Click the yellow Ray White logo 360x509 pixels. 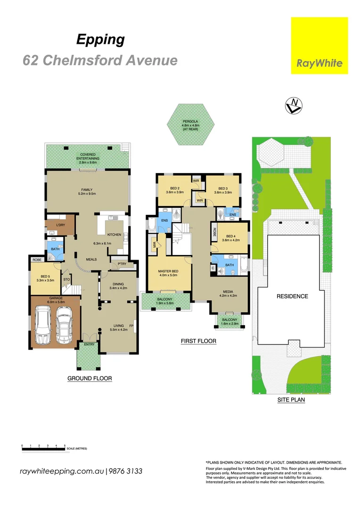click(319, 46)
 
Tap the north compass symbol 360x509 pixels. click(294, 106)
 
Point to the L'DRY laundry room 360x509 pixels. click(60, 225)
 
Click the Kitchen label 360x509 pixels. click(114, 234)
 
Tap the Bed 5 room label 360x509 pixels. click(45, 276)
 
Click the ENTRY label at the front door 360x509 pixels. click(89, 345)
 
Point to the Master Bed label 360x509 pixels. click(168, 271)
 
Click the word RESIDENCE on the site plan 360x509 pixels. click(292, 296)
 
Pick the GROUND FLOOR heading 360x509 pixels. click(90, 378)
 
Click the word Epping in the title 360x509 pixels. click(100, 40)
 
